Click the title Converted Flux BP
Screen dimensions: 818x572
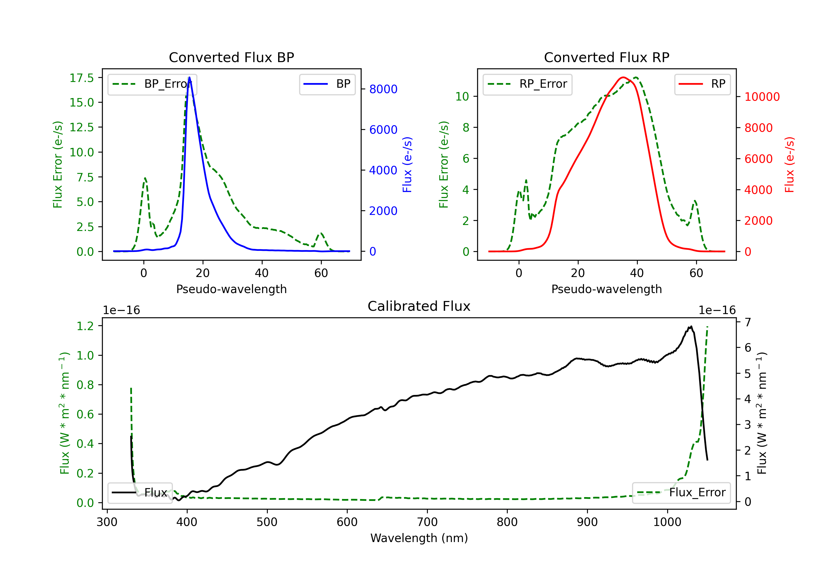(231, 57)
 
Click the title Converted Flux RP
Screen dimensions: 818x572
(606, 57)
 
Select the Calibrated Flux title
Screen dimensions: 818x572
(419, 306)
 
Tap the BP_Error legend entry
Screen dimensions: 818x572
(152, 84)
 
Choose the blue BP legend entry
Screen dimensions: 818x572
(327, 84)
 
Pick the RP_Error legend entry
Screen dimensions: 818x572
(527, 84)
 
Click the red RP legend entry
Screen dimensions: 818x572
(702, 84)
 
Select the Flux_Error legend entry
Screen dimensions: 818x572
(681, 493)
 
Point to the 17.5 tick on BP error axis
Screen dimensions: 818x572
(82, 78)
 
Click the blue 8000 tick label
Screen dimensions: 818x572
(383, 89)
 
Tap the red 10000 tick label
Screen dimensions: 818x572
(762, 97)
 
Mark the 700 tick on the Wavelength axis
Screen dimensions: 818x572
(427, 522)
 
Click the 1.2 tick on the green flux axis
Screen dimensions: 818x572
(85, 326)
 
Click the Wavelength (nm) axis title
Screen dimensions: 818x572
(419, 538)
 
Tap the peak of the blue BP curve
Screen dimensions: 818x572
(189, 77)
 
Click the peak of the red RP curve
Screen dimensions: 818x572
(623, 77)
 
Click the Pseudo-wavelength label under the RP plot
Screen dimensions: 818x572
(606, 289)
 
